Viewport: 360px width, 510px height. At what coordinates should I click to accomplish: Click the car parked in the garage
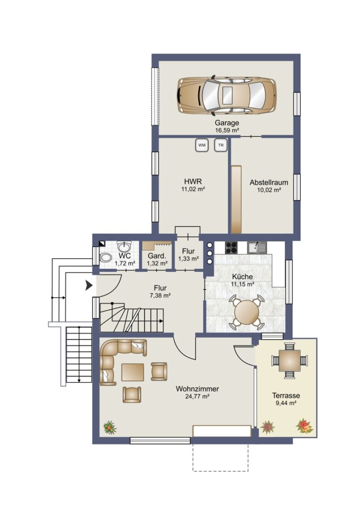226,95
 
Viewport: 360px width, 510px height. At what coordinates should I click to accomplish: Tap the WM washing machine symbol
202,145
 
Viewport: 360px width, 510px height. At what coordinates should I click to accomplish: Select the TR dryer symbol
221,145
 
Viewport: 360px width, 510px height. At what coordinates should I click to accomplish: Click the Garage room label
227,123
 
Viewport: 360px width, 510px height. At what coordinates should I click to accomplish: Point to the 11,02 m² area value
193,189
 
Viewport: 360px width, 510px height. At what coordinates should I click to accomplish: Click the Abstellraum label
268,182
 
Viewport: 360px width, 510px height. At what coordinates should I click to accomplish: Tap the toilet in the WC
105,258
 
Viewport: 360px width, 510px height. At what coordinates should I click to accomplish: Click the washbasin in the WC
124,246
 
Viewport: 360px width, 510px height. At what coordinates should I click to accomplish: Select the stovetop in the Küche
231,247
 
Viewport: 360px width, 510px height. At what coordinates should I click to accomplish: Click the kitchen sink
257,247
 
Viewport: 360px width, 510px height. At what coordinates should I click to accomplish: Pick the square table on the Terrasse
289,361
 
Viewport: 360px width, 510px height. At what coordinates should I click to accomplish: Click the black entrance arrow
89,285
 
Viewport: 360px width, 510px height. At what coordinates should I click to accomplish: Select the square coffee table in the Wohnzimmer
133,372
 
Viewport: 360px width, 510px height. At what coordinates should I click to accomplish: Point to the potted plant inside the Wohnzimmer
110,427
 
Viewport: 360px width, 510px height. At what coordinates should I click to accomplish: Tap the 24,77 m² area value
197,396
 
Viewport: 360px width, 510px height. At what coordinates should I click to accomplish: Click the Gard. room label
157,256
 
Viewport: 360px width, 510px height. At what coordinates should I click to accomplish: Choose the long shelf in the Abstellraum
236,199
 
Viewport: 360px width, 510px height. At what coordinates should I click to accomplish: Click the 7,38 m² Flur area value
160,295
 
